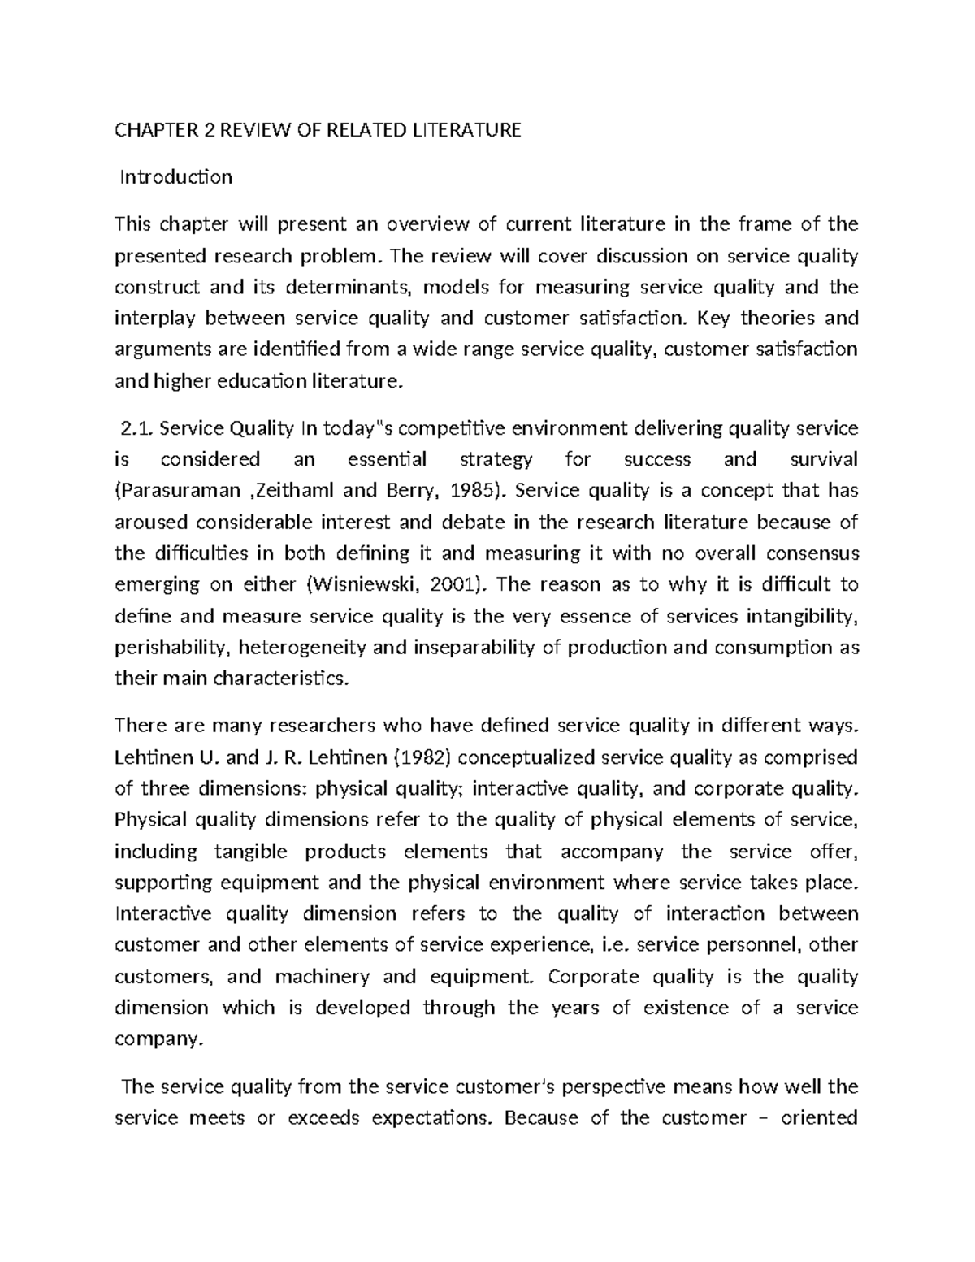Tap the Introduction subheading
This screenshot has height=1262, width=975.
pos(176,177)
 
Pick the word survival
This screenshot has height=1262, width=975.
pos(824,460)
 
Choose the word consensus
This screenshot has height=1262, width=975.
pos(808,553)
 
